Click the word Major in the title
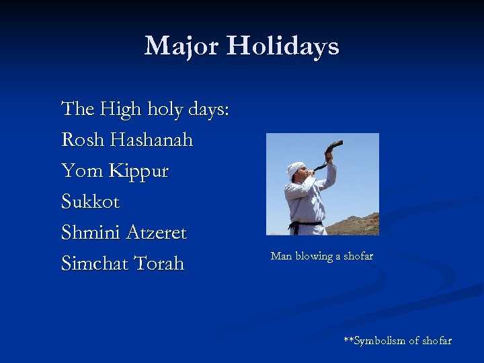tap(182, 46)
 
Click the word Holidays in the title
tap(282, 46)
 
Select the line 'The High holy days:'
tap(145, 109)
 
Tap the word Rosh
tap(83, 140)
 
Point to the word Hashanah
tap(151, 140)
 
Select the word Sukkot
tap(90, 202)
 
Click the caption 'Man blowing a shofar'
tap(321, 256)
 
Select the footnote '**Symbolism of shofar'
tap(397, 341)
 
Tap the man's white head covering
tap(295, 168)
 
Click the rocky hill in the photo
tap(356, 225)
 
